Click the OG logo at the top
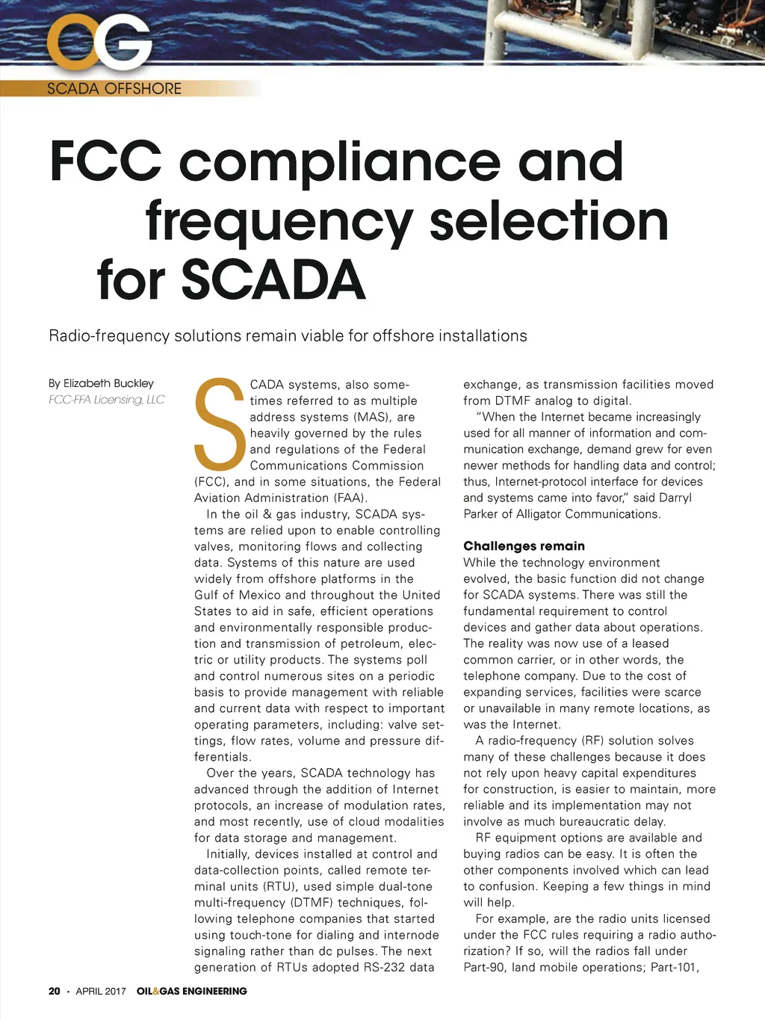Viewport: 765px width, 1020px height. click(99, 43)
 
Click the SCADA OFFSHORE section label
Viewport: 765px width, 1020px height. click(114, 88)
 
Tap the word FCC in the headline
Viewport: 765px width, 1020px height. click(105, 161)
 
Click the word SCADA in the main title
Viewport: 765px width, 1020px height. click(273, 280)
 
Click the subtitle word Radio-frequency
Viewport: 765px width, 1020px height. click(109, 336)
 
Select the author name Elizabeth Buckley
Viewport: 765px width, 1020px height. click(108, 383)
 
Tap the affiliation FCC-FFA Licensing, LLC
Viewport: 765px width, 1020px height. click(106, 400)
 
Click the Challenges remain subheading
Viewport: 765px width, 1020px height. click(524, 545)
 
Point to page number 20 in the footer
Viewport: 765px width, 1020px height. click(54, 991)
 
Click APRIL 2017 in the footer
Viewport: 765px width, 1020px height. click(101, 991)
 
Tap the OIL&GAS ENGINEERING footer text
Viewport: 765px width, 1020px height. click(191, 991)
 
